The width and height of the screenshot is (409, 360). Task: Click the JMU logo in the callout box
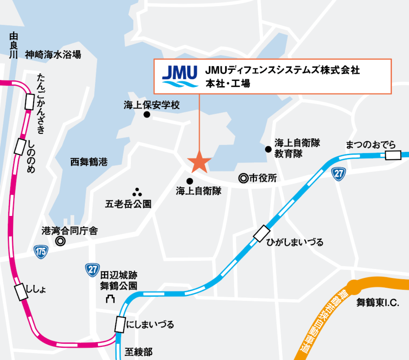click(x=180, y=76)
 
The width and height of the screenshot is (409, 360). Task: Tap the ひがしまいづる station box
click(x=262, y=234)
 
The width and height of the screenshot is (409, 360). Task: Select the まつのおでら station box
click(x=393, y=155)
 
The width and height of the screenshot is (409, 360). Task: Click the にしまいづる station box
click(x=120, y=324)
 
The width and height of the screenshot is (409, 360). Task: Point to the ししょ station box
click(x=21, y=292)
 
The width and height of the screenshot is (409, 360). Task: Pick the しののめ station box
click(x=20, y=147)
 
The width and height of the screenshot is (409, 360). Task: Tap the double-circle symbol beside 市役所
click(x=243, y=179)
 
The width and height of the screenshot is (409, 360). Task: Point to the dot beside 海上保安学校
click(x=147, y=114)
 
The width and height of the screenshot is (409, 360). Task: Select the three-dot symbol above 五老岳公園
click(x=137, y=192)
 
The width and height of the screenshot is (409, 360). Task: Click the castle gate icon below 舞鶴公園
click(x=111, y=299)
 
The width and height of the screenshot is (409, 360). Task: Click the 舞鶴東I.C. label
click(x=377, y=303)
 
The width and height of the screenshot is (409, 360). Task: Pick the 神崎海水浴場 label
click(x=53, y=55)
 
